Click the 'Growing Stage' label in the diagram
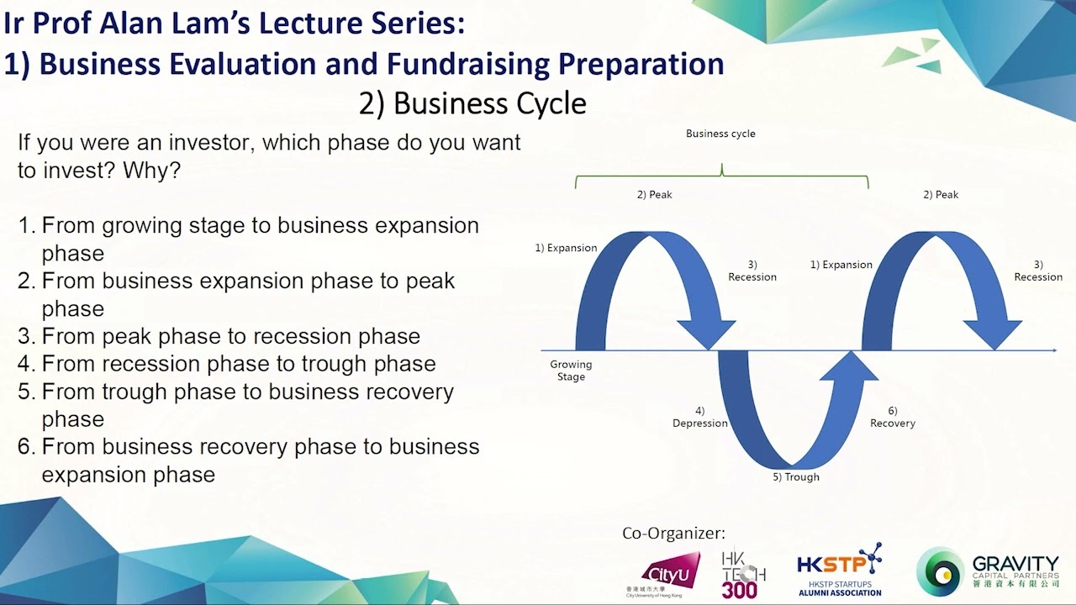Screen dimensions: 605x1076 571,371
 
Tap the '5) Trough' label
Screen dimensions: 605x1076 795,476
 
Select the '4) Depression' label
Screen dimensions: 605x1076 699,417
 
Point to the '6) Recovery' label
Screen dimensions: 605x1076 892,417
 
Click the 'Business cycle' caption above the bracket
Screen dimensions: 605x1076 720,134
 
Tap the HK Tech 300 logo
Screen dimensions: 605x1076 743,574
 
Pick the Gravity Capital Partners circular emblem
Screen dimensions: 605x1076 940,571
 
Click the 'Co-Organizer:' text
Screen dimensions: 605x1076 673,533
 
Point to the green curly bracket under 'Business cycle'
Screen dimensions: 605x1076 721,176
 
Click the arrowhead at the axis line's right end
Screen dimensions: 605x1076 1054,350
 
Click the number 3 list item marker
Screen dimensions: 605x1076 26,337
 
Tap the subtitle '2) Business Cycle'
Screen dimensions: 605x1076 472,103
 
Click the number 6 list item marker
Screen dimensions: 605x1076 26,447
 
